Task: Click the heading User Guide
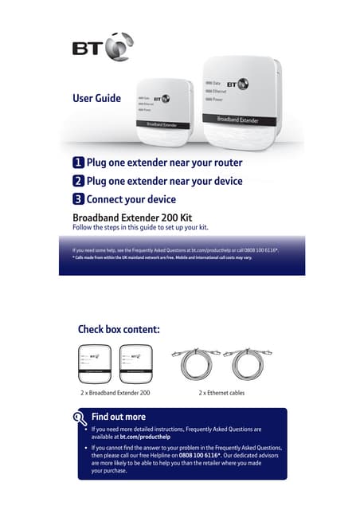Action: (x=96, y=99)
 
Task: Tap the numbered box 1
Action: (x=78, y=163)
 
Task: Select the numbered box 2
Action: (x=78, y=181)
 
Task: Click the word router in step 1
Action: (x=224, y=163)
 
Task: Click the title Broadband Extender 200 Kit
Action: (x=131, y=216)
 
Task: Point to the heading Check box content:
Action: (x=119, y=329)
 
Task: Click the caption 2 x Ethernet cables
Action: (x=221, y=393)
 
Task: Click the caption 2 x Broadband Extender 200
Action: (x=115, y=393)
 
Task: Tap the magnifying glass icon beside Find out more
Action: (x=80, y=418)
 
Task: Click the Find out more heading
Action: (x=119, y=417)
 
